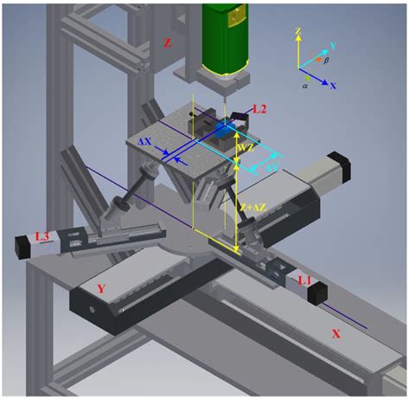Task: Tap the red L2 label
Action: tap(259, 109)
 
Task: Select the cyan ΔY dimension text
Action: tap(271, 165)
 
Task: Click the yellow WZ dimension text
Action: tap(245, 148)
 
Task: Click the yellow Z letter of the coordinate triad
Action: tap(298, 31)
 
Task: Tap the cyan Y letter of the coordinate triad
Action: tap(333, 42)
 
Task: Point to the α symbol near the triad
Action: tap(304, 86)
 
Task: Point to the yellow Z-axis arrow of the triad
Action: tap(298, 52)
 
